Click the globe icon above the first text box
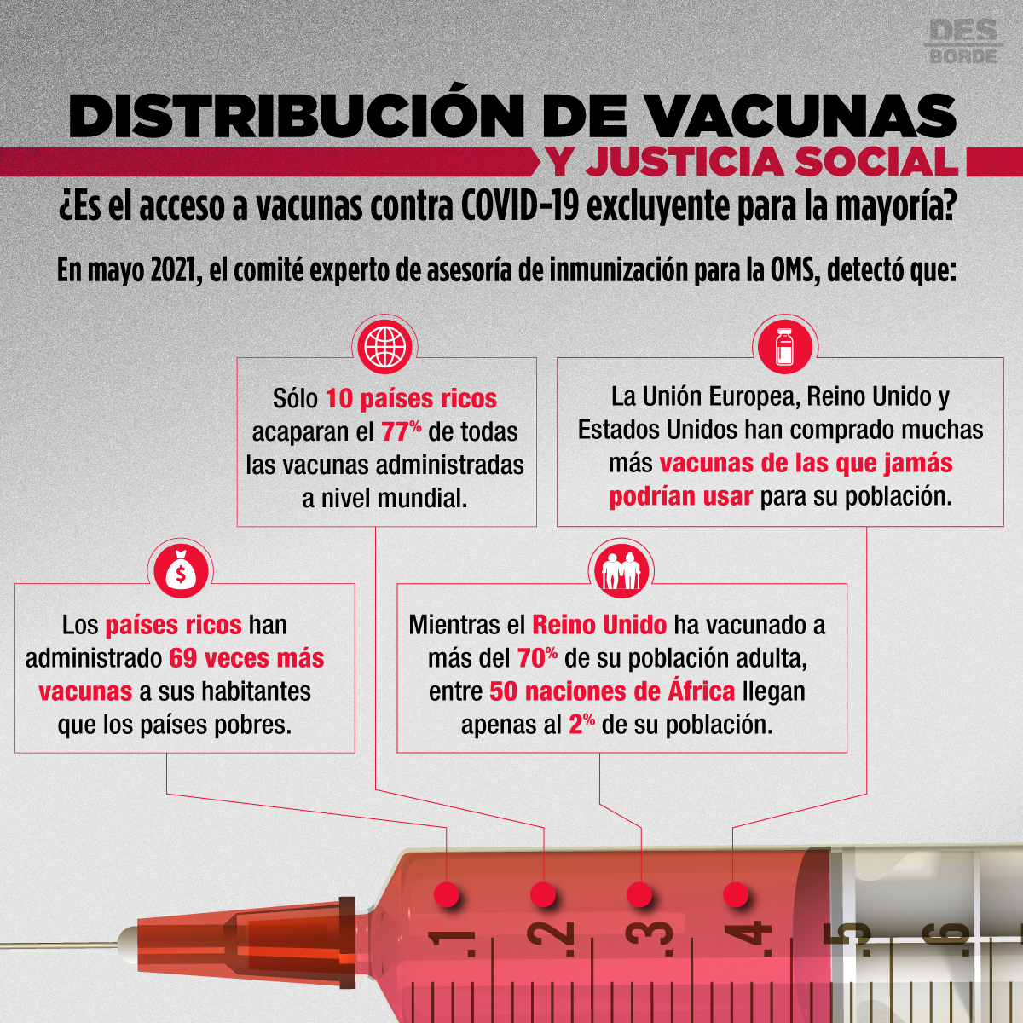point(384,346)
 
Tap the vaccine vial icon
point(784,346)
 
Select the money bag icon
point(181,572)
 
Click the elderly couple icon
point(621,572)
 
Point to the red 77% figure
point(402,431)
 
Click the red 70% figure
point(537,658)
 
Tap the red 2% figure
point(582,725)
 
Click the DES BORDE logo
point(963,49)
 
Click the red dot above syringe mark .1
point(447,894)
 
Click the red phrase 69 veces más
point(246,658)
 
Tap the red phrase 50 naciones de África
point(612,691)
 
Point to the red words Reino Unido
point(599,626)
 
